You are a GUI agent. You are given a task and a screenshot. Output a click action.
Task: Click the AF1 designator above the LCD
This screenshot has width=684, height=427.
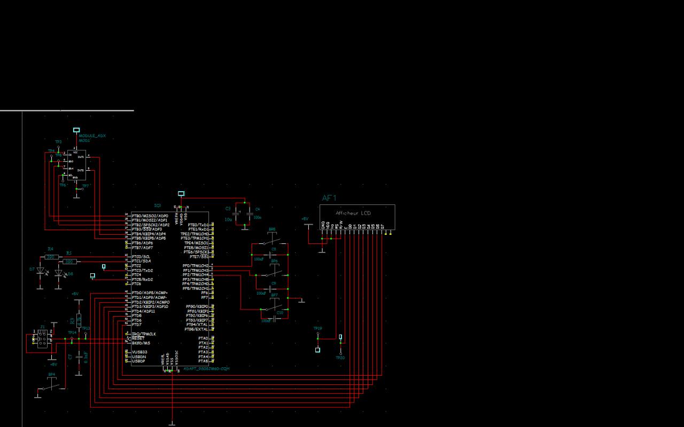click(329, 198)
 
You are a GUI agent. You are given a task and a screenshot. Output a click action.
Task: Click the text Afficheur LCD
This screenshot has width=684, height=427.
click(353, 213)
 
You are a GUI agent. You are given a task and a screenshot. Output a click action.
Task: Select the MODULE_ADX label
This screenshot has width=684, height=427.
click(92, 136)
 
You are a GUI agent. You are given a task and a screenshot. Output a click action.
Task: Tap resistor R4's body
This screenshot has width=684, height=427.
click(51, 257)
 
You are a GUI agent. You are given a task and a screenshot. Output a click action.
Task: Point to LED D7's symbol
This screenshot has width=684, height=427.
click(40, 271)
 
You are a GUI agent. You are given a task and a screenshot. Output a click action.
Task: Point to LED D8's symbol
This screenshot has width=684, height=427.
click(59, 273)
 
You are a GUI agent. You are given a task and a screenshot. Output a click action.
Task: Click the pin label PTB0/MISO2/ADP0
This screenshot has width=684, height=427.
click(150, 216)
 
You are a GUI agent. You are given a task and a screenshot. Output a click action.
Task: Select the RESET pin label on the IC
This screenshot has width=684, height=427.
click(138, 338)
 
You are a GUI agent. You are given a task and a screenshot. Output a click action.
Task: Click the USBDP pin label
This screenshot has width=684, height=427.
click(138, 361)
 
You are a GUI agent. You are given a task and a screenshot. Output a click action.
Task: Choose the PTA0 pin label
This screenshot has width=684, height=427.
click(203, 338)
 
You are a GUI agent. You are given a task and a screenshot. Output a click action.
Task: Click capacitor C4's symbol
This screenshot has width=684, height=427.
click(249, 212)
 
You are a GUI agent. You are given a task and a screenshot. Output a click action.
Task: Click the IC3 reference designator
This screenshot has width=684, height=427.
click(157, 205)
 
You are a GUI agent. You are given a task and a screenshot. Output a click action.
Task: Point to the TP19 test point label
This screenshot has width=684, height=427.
click(317, 328)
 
